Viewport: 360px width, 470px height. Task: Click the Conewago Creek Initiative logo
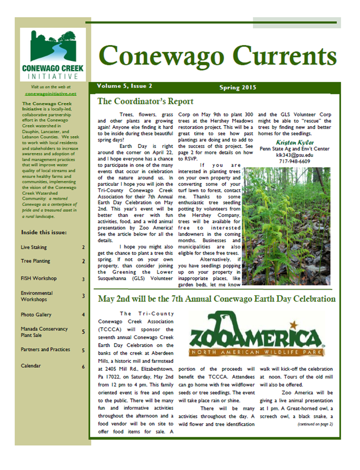tap(53, 54)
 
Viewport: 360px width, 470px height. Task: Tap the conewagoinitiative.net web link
tap(50, 93)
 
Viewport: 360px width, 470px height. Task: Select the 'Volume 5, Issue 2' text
tap(125, 86)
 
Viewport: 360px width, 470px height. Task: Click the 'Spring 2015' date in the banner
tap(238, 88)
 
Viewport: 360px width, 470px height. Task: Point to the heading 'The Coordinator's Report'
tap(145, 101)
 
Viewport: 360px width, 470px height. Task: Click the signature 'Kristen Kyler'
tap(295, 142)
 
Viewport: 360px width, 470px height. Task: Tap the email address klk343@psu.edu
tap(295, 155)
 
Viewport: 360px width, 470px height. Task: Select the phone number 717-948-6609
tap(295, 161)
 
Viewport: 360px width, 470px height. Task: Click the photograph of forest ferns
tap(287, 226)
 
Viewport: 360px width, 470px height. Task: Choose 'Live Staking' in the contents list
tap(34, 247)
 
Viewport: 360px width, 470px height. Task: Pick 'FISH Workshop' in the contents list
tap(39, 278)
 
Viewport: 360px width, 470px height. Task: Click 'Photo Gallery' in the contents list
tap(36, 315)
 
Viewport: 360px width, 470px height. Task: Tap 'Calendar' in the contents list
tap(31, 366)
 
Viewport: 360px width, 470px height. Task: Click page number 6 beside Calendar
tap(83, 367)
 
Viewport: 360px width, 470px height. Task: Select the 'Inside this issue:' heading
tap(44, 232)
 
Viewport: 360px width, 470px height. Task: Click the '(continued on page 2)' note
tap(315, 424)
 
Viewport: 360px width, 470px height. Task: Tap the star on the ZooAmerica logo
tap(294, 325)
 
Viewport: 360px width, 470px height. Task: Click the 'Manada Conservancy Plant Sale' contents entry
tap(44, 332)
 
